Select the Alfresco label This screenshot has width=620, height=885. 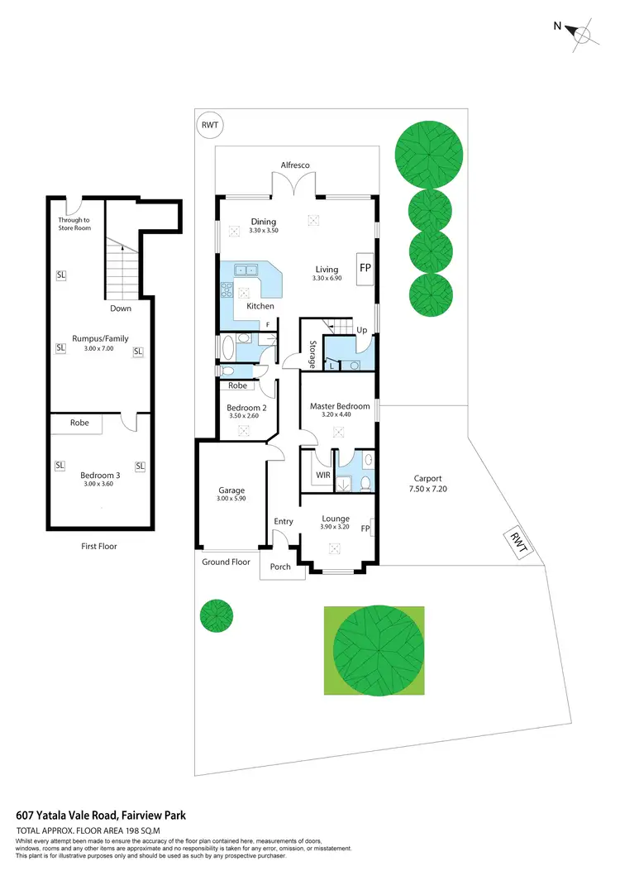click(x=294, y=165)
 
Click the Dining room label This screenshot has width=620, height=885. click(x=263, y=221)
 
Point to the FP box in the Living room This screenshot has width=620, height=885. click(x=364, y=268)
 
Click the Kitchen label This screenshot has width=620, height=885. click(x=260, y=306)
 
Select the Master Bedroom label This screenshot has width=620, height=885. click(x=340, y=406)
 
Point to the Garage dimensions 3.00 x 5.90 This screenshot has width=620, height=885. click(x=231, y=498)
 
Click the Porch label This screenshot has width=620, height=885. click(x=280, y=567)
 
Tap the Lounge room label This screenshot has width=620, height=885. click(x=336, y=519)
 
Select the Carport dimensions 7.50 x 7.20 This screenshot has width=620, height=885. click(x=428, y=489)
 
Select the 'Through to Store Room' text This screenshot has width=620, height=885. click(x=74, y=223)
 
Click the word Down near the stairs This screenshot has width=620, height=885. click(x=121, y=308)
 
